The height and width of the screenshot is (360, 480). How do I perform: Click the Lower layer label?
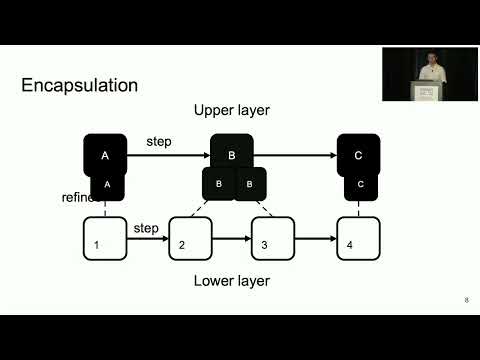point(231,281)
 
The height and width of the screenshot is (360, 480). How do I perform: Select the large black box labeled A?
point(105,153)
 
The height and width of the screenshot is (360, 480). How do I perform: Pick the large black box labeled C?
point(358,153)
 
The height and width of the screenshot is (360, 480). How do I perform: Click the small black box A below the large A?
point(107,185)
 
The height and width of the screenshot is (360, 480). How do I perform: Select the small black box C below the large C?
point(360,185)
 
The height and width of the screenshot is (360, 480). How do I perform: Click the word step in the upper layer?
point(159,142)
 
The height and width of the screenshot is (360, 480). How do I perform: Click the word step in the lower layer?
point(146,229)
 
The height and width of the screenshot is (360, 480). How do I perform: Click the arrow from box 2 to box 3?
point(232,240)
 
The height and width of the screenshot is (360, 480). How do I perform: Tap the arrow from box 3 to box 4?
point(316,240)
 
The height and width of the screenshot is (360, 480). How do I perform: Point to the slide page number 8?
point(466,300)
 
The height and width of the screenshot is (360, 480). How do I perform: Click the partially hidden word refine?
point(76,197)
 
